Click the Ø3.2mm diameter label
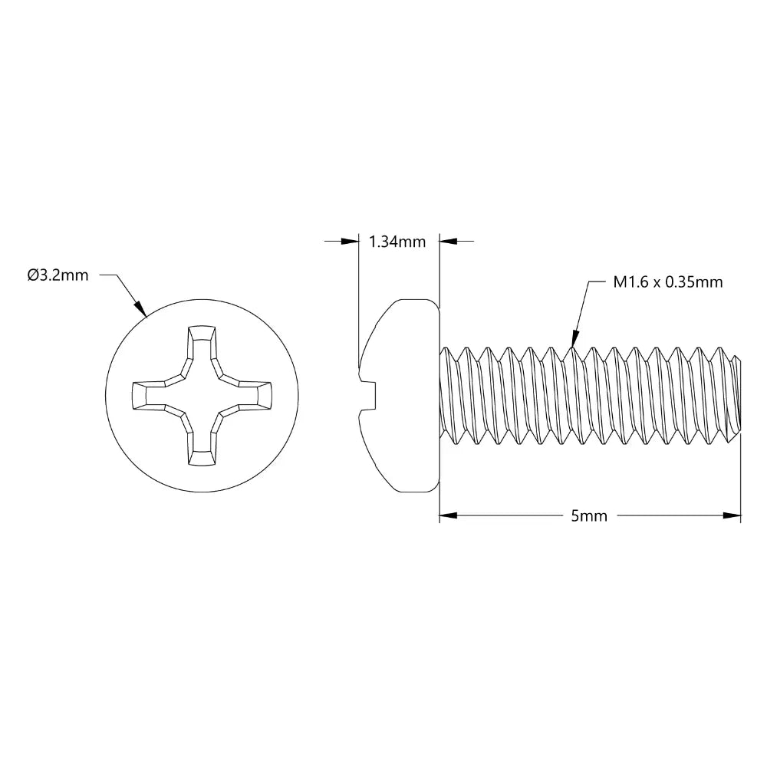(58, 275)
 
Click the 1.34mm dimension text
(397, 242)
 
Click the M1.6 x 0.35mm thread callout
(667, 282)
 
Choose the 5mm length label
(589, 516)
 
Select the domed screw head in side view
(403, 395)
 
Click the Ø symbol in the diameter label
(32, 275)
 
